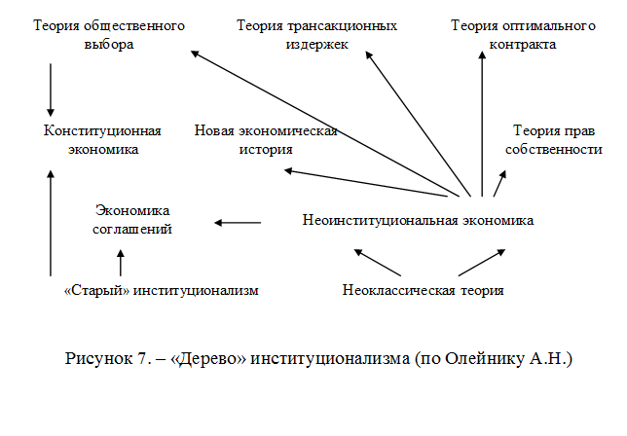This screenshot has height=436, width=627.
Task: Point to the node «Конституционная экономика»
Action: click(x=102, y=140)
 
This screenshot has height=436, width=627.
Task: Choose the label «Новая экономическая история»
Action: click(x=265, y=140)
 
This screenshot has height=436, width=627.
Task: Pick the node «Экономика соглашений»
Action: click(x=132, y=220)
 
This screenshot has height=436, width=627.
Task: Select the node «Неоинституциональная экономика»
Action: click(x=418, y=220)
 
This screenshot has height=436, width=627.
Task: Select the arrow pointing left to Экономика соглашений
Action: click(x=238, y=223)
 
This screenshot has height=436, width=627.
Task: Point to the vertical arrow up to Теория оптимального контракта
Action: click(x=480, y=122)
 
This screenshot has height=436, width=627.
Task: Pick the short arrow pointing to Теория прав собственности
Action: click(x=500, y=183)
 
